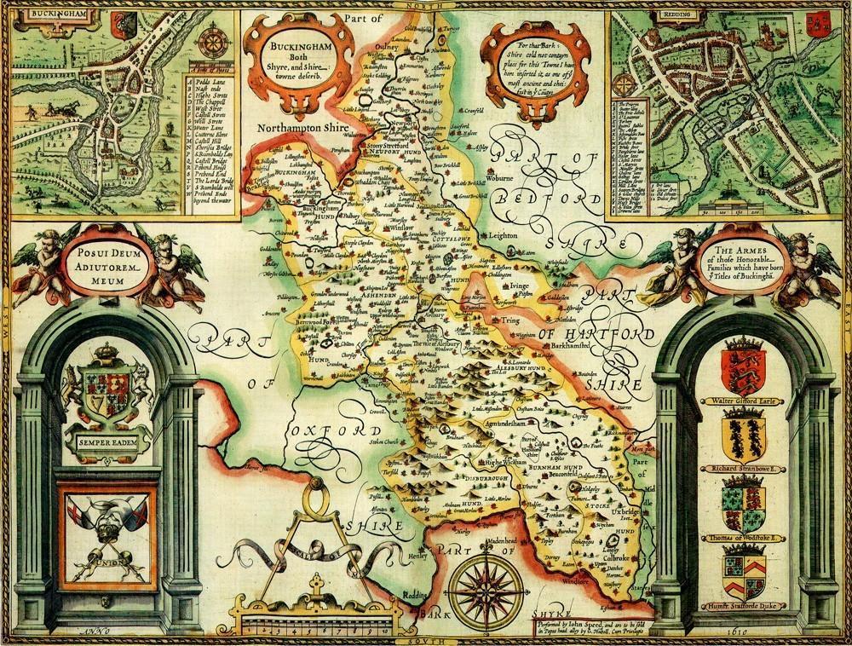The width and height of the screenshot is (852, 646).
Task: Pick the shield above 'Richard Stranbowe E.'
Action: [x=742, y=435]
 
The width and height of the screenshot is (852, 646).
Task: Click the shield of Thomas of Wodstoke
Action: [x=742, y=508]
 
